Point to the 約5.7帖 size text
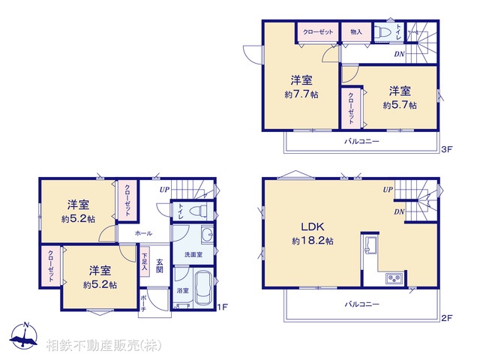coord(398,105)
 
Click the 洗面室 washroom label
coord(193,255)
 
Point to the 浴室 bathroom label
coord(183,290)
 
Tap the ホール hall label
coord(144,234)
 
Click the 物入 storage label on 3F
coord(356,32)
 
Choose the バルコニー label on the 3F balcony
coord(362,141)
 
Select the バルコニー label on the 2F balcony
coord(362,304)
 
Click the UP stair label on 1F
coord(163,190)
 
